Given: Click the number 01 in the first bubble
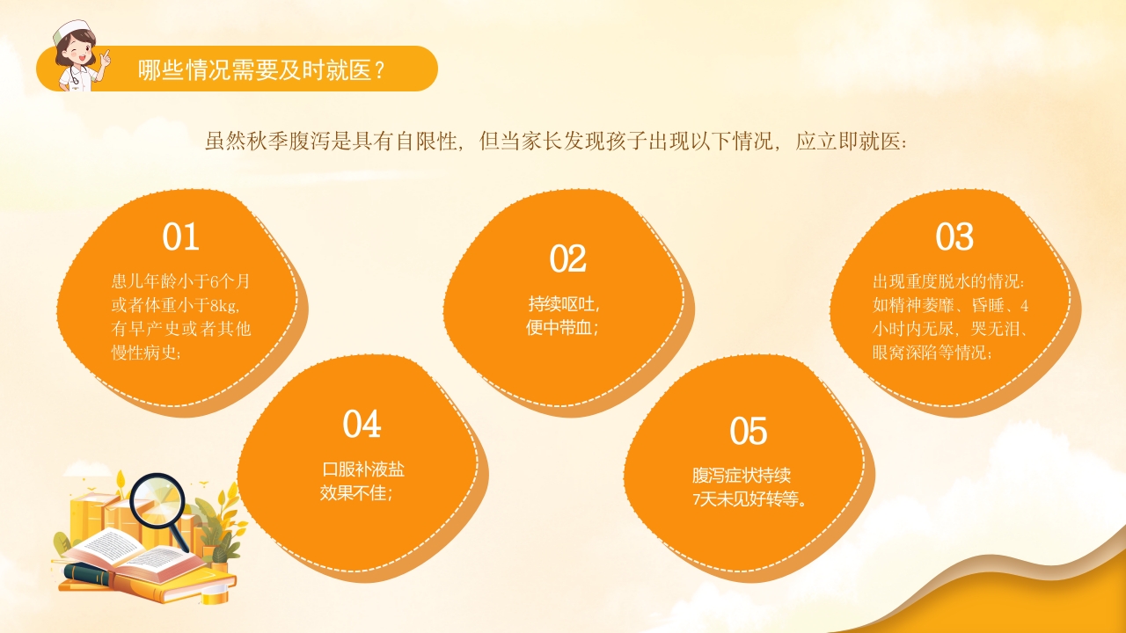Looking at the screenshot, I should click(180, 237).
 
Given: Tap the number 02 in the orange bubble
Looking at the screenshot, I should click(567, 258).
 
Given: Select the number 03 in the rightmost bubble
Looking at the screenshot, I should click(954, 237).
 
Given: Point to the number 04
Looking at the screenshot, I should click(362, 425).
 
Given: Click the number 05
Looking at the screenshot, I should click(749, 432).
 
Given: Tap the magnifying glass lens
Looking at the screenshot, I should click(160, 500).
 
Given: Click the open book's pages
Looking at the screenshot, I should click(132, 550).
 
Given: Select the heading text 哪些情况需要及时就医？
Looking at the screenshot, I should click(261, 70).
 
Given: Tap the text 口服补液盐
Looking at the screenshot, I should click(364, 469).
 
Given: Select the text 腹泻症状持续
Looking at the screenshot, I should click(742, 477).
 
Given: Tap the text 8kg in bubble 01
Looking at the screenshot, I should click(223, 306).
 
